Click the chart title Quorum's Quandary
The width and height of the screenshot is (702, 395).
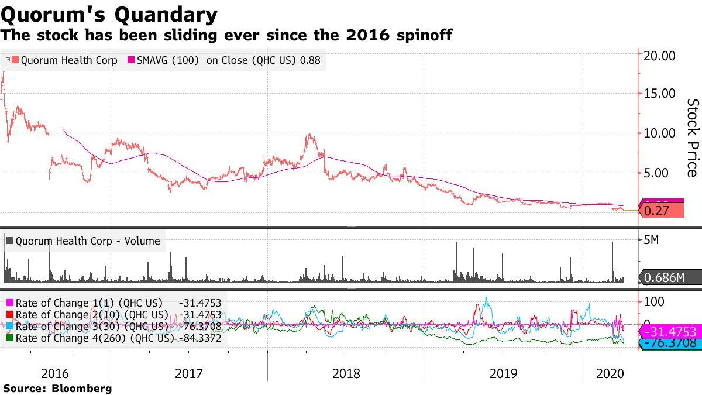(109, 13)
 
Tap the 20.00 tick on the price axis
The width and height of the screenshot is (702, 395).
(659, 56)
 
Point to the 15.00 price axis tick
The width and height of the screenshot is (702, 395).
(659, 94)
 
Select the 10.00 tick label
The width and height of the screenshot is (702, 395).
(659, 133)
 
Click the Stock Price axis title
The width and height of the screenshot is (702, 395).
(693, 138)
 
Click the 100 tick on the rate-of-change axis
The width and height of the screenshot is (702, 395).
(654, 302)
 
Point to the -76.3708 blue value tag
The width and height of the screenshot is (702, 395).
(670, 344)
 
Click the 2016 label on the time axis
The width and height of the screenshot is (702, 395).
(56, 373)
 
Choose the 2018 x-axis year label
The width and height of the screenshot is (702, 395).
(346, 373)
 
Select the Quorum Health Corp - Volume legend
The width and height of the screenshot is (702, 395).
(88, 241)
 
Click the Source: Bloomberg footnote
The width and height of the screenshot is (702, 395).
(57, 388)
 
